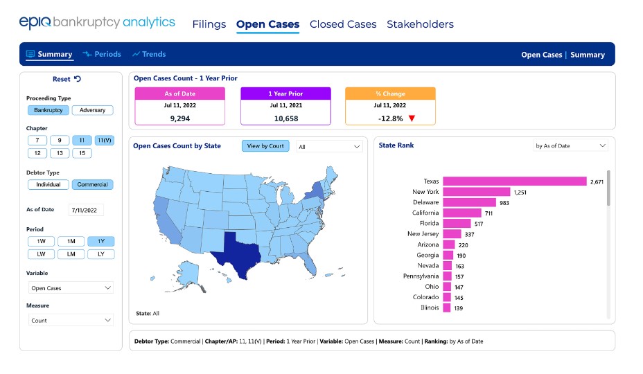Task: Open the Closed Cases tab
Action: tap(343, 24)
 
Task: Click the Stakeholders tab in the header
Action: tap(420, 24)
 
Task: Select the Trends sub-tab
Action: tap(149, 54)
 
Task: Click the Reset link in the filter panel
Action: tap(67, 79)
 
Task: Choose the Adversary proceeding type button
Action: tap(92, 110)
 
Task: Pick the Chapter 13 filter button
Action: tap(60, 153)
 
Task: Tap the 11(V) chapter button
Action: tap(104, 140)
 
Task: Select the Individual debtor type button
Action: tap(48, 184)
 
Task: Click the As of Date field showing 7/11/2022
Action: tap(86, 210)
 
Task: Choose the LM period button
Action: tap(71, 254)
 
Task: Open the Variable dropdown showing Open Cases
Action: tap(71, 288)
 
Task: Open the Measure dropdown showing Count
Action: tap(71, 320)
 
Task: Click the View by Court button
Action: tap(265, 146)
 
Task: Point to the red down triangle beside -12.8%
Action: tap(412, 118)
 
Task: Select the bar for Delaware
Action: tap(469, 202)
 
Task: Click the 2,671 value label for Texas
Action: tap(597, 181)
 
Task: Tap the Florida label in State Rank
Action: tap(429, 223)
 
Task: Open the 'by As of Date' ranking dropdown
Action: tap(570, 145)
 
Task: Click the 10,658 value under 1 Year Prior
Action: tap(286, 118)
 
